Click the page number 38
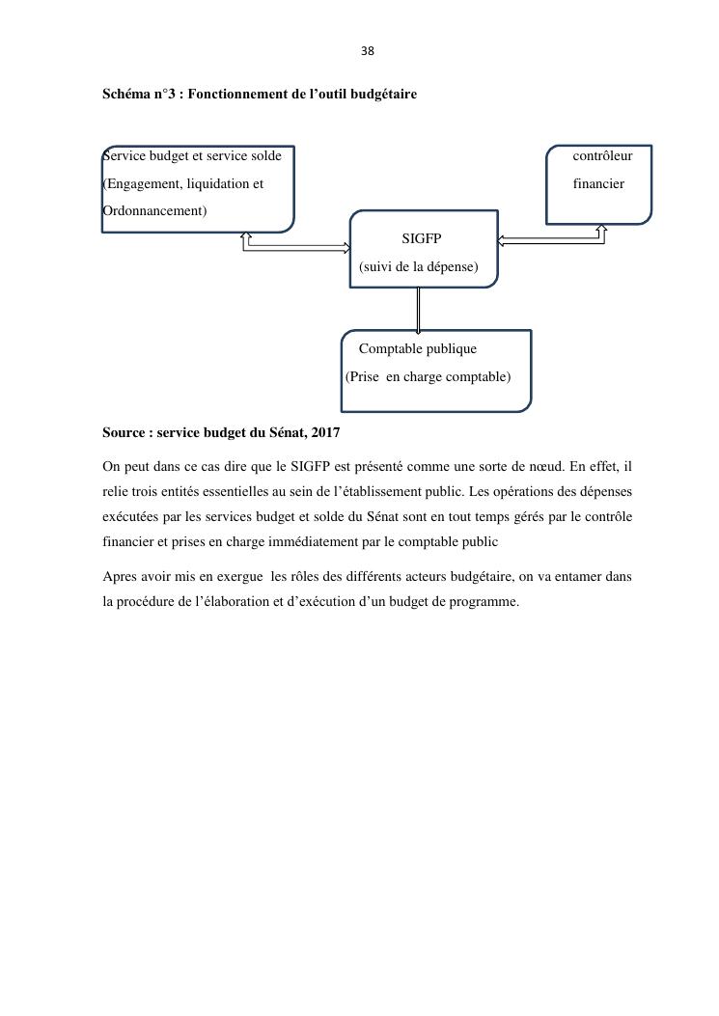tap(367, 51)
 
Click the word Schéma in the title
tap(126, 96)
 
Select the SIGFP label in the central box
tap(421, 238)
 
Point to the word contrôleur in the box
tap(602, 155)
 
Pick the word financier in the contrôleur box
tap(598, 183)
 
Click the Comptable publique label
tap(417, 348)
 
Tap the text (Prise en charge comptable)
tap(428, 376)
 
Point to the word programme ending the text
tap(488, 602)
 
